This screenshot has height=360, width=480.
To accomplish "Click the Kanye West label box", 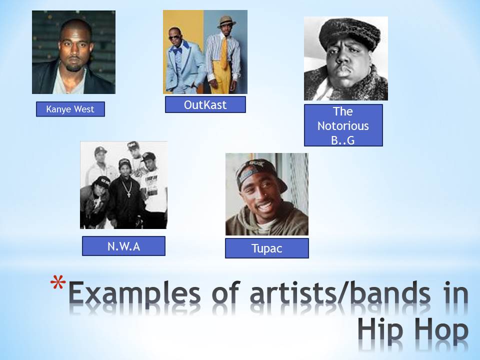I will (x=70, y=109).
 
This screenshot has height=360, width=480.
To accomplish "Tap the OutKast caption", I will (x=205, y=104).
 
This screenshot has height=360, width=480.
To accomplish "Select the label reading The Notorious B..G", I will (x=343, y=125).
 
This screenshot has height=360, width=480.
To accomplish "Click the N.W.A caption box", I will (x=123, y=246).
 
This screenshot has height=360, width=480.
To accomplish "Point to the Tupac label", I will (x=266, y=248).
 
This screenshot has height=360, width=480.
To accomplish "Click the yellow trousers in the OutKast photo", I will (x=222, y=82).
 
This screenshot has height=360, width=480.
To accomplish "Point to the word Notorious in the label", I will (x=343, y=125).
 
